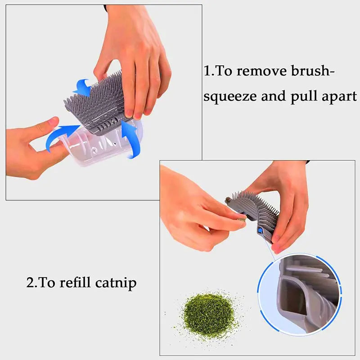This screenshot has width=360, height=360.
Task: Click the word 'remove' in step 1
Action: pos(261,72)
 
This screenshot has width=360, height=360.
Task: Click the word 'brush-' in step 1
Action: pos(310,72)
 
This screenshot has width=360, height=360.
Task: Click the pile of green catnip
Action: pos(208,313)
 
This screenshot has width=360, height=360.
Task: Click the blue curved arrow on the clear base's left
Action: pos(61,137)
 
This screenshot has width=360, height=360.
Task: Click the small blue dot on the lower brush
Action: pos(260,230)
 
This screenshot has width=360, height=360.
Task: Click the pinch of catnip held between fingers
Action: pos(242,220)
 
